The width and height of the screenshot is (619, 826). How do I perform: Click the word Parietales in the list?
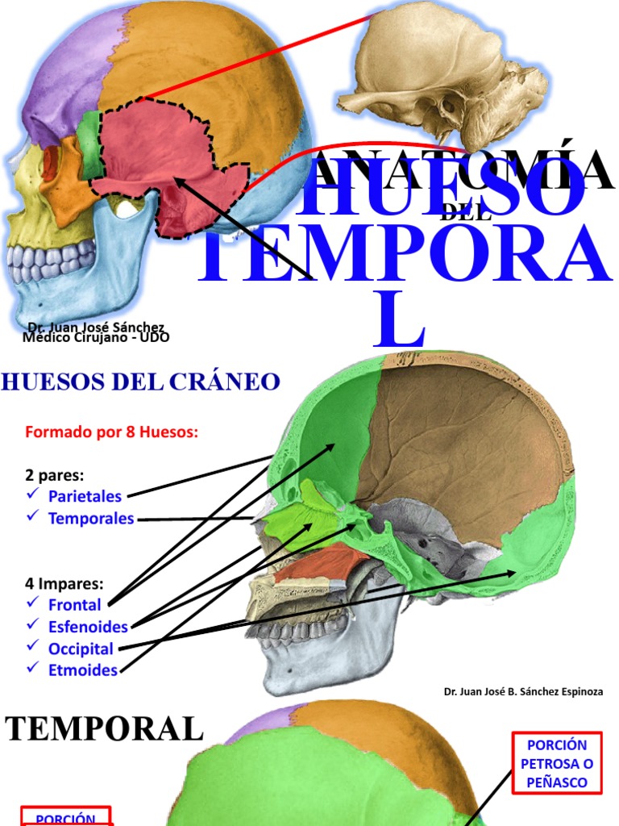pyautogui.click(x=85, y=495)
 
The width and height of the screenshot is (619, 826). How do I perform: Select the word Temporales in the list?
pyautogui.click(x=90, y=519)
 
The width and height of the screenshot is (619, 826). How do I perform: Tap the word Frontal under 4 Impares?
pyautogui.click(x=74, y=605)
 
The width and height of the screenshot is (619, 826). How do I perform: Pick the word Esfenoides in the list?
pyautogui.click(x=88, y=627)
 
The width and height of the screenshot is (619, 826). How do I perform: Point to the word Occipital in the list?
pyautogui.click(x=81, y=649)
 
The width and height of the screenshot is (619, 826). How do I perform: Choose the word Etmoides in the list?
pyautogui.click(x=82, y=670)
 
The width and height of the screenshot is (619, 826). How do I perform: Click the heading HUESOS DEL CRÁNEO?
pyautogui.click(x=140, y=382)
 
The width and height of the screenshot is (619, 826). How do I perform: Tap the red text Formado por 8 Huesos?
pyautogui.click(x=111, y=432)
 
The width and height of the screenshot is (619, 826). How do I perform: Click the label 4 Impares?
pyautogui.click(x=64, y=582)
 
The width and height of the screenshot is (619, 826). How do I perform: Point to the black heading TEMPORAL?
pyautogui.click(x=105, y=729)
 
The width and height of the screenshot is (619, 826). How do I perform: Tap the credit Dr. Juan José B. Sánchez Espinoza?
pyautogui.click(x=523, y=691)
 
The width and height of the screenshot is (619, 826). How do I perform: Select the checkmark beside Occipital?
pyautogui.click(x=32, y=647)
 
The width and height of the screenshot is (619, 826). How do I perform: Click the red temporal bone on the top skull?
pyautogui.click(x=161, y=157)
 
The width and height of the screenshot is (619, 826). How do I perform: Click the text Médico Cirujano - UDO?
pyautogui.click(x=96, y=338)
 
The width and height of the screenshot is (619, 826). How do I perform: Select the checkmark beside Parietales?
pyautogui.click(x=32, y=494)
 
